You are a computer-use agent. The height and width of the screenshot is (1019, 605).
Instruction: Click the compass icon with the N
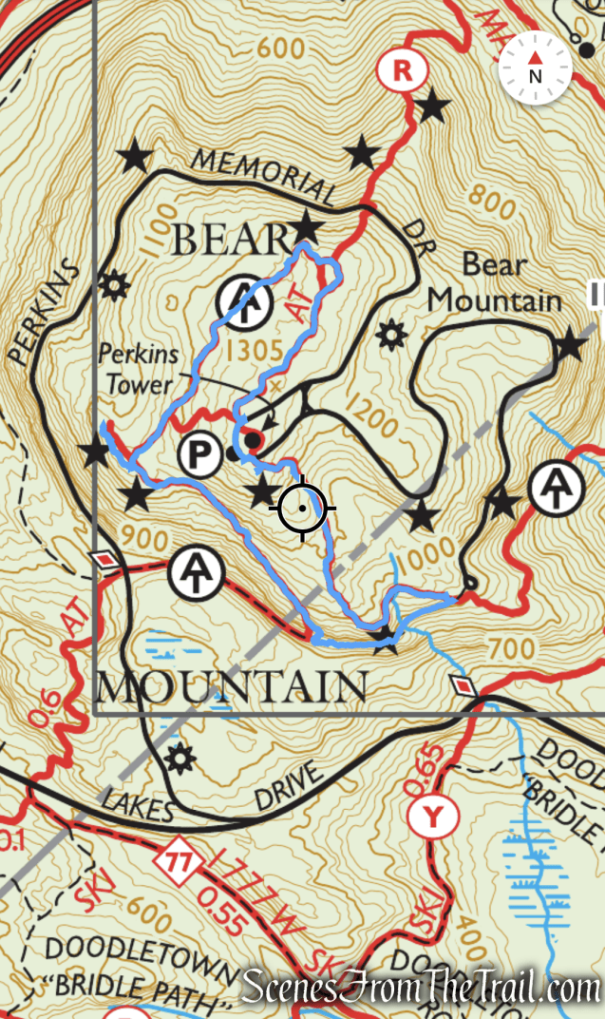coord(535,68)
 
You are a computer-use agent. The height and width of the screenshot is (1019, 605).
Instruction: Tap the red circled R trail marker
coord(404,68)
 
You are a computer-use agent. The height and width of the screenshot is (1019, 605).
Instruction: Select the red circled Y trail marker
coord(433,815)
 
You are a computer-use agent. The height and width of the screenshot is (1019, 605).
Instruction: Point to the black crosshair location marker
coord(303,509)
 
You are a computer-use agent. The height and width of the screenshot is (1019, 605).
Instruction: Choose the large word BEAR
coord(230,240)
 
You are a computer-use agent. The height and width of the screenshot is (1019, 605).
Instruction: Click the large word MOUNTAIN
coord(232,686)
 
